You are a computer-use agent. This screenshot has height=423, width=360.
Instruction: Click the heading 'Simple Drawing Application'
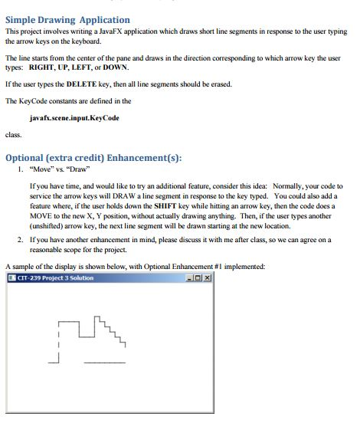[x=67, y=19]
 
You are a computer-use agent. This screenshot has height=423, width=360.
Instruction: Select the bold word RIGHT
[x=41, y=67]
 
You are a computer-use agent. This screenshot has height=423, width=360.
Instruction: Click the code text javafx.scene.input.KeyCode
[x=74, y=117]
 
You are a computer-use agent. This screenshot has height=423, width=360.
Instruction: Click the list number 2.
[x=20, y=240]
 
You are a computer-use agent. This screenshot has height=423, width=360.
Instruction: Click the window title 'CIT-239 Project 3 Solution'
[x=55, y=277]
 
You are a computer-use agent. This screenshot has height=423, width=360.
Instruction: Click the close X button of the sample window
[x=207, y=277]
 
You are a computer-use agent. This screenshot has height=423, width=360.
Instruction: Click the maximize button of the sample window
[x=198, y=277]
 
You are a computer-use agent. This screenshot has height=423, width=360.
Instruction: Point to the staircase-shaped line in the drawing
[x=112, y=329]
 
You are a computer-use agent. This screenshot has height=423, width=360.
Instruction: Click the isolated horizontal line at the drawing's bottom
[x=103, y=361]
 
